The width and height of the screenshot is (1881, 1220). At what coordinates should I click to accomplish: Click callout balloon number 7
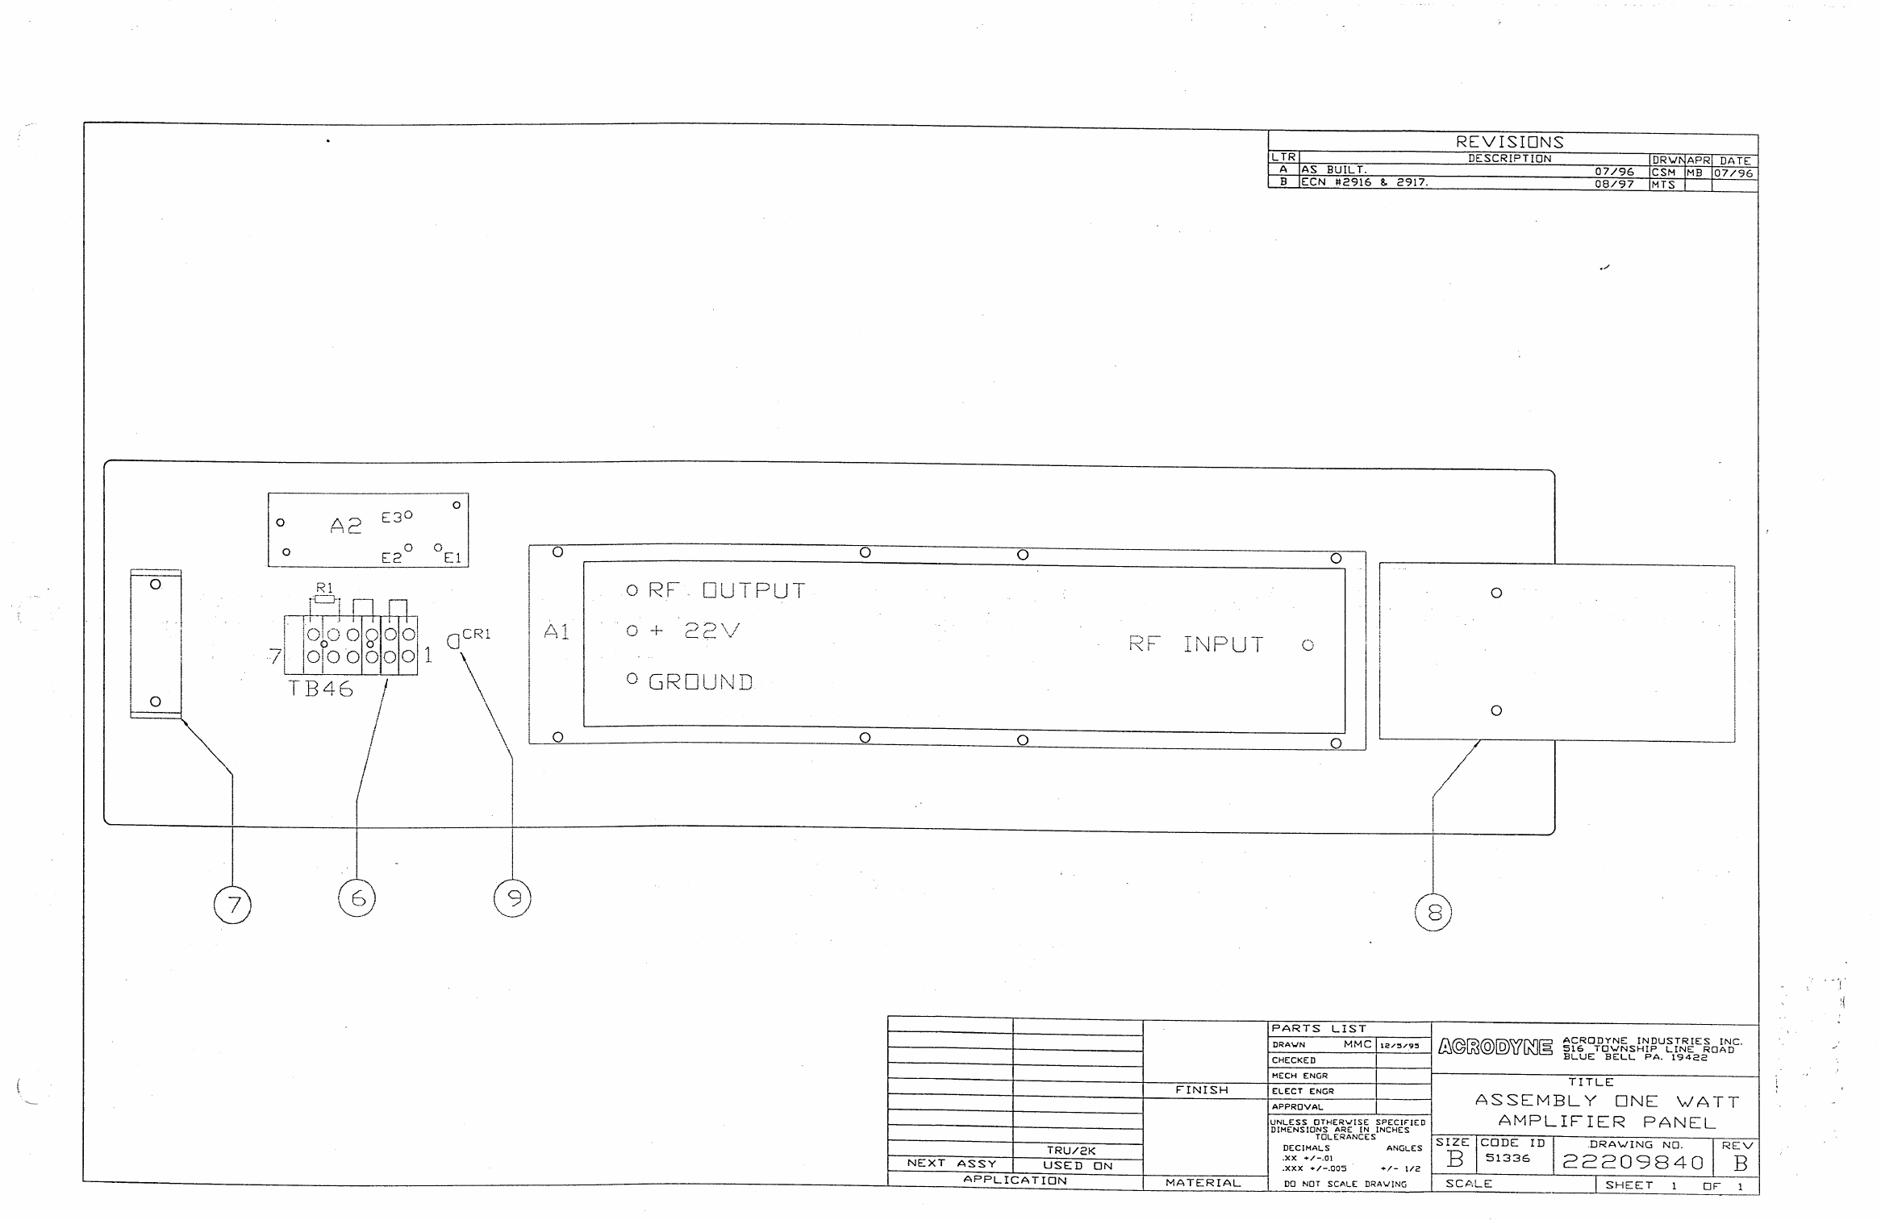(232, 905)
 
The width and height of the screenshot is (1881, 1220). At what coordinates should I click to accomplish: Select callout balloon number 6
(357, 898)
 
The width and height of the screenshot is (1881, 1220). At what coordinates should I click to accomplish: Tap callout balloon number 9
(512, 898)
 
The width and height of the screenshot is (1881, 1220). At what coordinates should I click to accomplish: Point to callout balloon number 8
(1433, 913)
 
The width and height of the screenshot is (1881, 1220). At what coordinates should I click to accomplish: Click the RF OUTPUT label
(726, 591)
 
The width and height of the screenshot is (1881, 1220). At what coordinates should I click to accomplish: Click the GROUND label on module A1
(700, 682)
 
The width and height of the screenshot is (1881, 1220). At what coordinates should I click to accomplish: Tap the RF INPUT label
(1195, 644)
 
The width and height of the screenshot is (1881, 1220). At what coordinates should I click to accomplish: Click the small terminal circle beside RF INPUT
(1308, 645)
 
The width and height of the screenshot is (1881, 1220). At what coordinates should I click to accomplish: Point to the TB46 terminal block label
(321, 689)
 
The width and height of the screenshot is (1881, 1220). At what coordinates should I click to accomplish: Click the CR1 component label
(476, 634)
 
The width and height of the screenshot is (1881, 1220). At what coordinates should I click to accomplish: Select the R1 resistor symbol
(324, 599)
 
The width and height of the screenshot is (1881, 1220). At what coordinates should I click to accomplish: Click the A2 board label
(346, 527)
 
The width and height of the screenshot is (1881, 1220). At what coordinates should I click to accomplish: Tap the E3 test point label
(393, 518)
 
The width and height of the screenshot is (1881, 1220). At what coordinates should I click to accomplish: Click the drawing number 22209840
(1633, 1162)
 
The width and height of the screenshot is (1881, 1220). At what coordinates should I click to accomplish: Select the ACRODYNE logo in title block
(1495, 1047)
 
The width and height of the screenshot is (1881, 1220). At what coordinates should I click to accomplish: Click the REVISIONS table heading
(1509, 142)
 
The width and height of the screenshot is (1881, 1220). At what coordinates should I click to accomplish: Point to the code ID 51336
(1508, 1158)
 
